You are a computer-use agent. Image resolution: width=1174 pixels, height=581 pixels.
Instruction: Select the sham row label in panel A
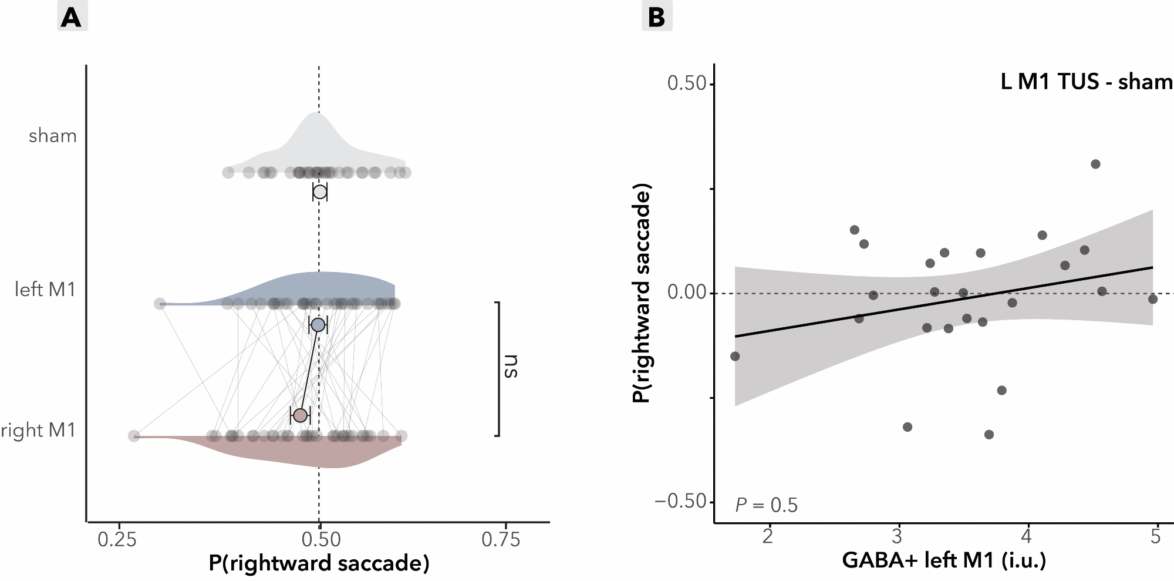point(53,136)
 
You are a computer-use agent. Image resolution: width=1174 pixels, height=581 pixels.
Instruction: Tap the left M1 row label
point(46,290)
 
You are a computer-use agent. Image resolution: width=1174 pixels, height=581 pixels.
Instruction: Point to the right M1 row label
point(39,431)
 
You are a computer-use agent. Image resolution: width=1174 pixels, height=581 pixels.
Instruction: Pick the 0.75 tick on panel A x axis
point(501,539)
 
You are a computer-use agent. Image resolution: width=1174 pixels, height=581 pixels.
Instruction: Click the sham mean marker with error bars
point(320,192)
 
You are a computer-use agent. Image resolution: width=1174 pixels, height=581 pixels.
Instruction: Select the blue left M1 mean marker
point(318,325)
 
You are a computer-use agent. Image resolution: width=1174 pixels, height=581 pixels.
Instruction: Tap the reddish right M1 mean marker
point(300,415)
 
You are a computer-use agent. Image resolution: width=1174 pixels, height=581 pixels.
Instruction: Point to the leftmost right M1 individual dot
point(134,436)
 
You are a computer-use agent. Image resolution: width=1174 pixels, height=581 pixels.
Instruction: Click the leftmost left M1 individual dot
point(160,304)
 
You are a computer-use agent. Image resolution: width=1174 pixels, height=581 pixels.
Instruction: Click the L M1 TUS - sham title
point(1086,82)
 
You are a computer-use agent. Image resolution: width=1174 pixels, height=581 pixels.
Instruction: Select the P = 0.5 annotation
point(767,505)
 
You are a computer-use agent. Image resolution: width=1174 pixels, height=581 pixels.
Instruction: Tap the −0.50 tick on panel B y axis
point(680,502)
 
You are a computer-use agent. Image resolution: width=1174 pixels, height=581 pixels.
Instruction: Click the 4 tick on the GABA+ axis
point(1027,536)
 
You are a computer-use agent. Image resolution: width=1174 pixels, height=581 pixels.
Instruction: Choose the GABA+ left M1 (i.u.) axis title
point(944,560)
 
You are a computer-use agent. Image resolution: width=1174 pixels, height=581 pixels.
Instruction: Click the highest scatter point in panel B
point(1095,164)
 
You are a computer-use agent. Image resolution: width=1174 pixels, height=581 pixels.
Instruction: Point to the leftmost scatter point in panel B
point(735,356)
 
